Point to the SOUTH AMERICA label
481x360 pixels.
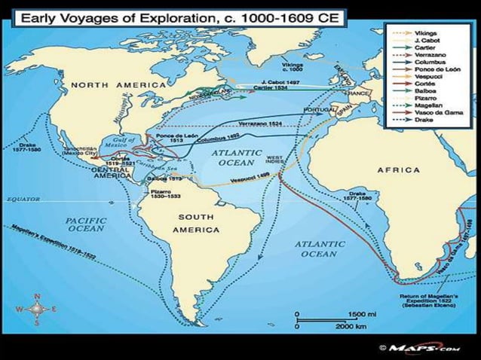197,222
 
